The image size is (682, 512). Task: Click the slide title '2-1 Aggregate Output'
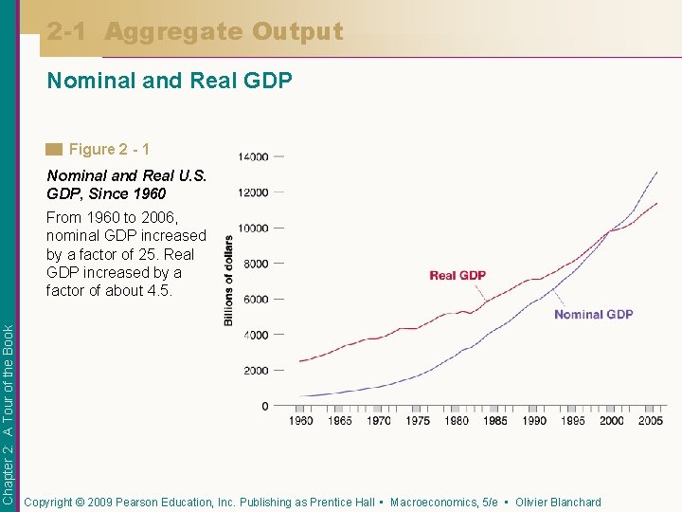195,32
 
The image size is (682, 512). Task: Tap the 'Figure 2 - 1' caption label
109,149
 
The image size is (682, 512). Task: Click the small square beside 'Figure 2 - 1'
54,149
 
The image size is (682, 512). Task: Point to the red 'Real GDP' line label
458,276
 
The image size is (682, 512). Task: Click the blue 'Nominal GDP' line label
593,315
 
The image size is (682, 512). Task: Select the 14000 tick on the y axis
253,156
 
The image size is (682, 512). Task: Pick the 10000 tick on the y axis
253,228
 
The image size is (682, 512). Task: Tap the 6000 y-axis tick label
256,300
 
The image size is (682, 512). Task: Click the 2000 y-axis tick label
256,371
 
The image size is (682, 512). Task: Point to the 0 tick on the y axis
265,407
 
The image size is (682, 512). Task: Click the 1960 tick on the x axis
300,421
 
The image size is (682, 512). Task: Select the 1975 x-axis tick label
417,421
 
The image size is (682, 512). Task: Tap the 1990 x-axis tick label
534,421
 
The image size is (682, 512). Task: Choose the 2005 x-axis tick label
651,421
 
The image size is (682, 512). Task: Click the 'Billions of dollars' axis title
228,281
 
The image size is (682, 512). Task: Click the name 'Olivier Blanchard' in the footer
558,503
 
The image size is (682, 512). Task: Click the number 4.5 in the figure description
156,290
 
